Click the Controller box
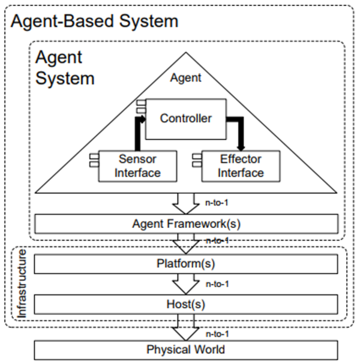point(185,118)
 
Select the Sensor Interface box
point(139,166)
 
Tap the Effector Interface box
point(240,166)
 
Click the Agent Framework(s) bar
point(186,224)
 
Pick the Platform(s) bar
point(186,263)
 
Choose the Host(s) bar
point(186,303)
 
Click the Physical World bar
point(186,350)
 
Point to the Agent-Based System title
point(95,22)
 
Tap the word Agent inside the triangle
point(186,78)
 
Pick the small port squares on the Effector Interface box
point(196,161)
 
